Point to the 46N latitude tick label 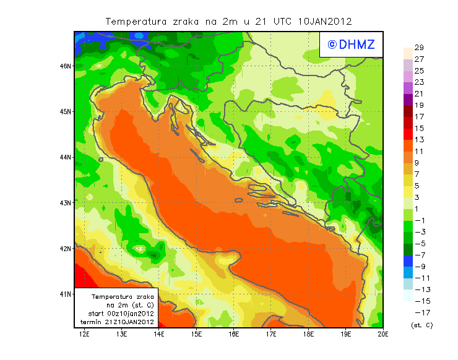point(66,66)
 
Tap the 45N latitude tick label point(66,111)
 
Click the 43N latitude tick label point(66,202)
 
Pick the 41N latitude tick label point(66,294)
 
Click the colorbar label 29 point(419,48)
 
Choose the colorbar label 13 point(419,140)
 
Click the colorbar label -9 point(420,267)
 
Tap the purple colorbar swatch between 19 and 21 point(407,100)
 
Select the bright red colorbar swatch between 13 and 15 point(407,134)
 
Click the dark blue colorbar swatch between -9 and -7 point(407,261)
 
